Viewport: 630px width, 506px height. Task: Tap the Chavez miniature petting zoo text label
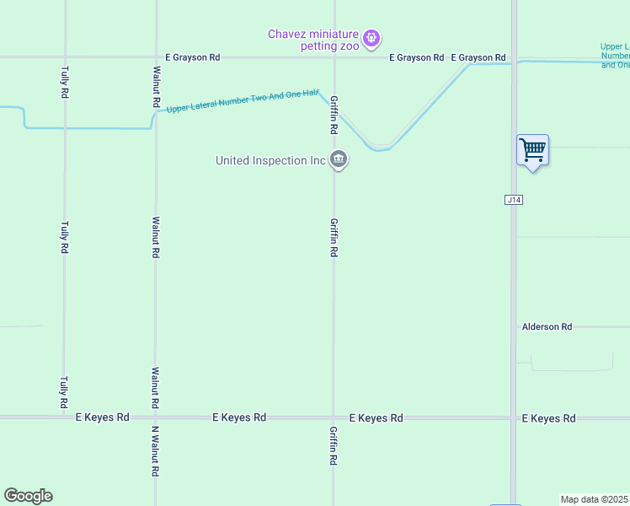[x=313, y=40]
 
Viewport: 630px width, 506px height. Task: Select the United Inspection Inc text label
[x=270, y=160]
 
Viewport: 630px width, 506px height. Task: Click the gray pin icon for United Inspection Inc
[x=339, y=159]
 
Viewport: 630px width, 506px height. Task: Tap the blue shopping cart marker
[x=532, y=151]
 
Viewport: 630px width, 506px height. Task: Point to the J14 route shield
[x=514, y=200]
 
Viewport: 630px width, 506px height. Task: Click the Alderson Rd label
[x=547, y=326]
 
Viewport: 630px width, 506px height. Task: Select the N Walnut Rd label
[x=155, y=451]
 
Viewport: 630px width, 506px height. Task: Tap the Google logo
[x=28, y=496]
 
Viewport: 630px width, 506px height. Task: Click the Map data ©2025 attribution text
[x=595, y=499]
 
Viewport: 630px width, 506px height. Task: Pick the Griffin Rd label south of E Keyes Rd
[x=334, y=446]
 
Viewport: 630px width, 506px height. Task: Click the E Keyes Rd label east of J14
[x=548, y=418]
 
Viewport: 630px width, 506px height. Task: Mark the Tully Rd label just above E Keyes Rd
[x=65, y=392]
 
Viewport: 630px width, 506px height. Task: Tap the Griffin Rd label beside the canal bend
[x=334, y=115]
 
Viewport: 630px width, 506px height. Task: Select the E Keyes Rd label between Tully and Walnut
[x=103, y=417]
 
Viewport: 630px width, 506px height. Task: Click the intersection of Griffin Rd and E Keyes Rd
[x=334, y=417]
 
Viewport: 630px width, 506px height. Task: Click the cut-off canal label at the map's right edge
[x=615, y=56]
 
